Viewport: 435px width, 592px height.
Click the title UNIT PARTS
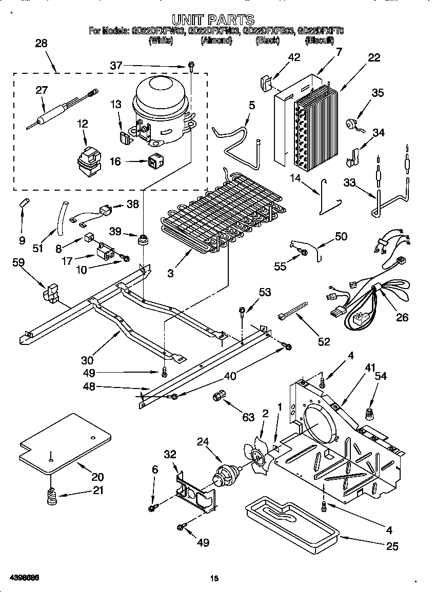212,19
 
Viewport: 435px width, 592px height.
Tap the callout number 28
41,44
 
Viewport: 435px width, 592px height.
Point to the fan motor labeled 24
225,476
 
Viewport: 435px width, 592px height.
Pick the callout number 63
248,418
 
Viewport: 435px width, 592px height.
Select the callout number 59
19,263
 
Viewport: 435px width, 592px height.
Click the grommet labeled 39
144,238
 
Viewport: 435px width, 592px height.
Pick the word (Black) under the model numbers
267,40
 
